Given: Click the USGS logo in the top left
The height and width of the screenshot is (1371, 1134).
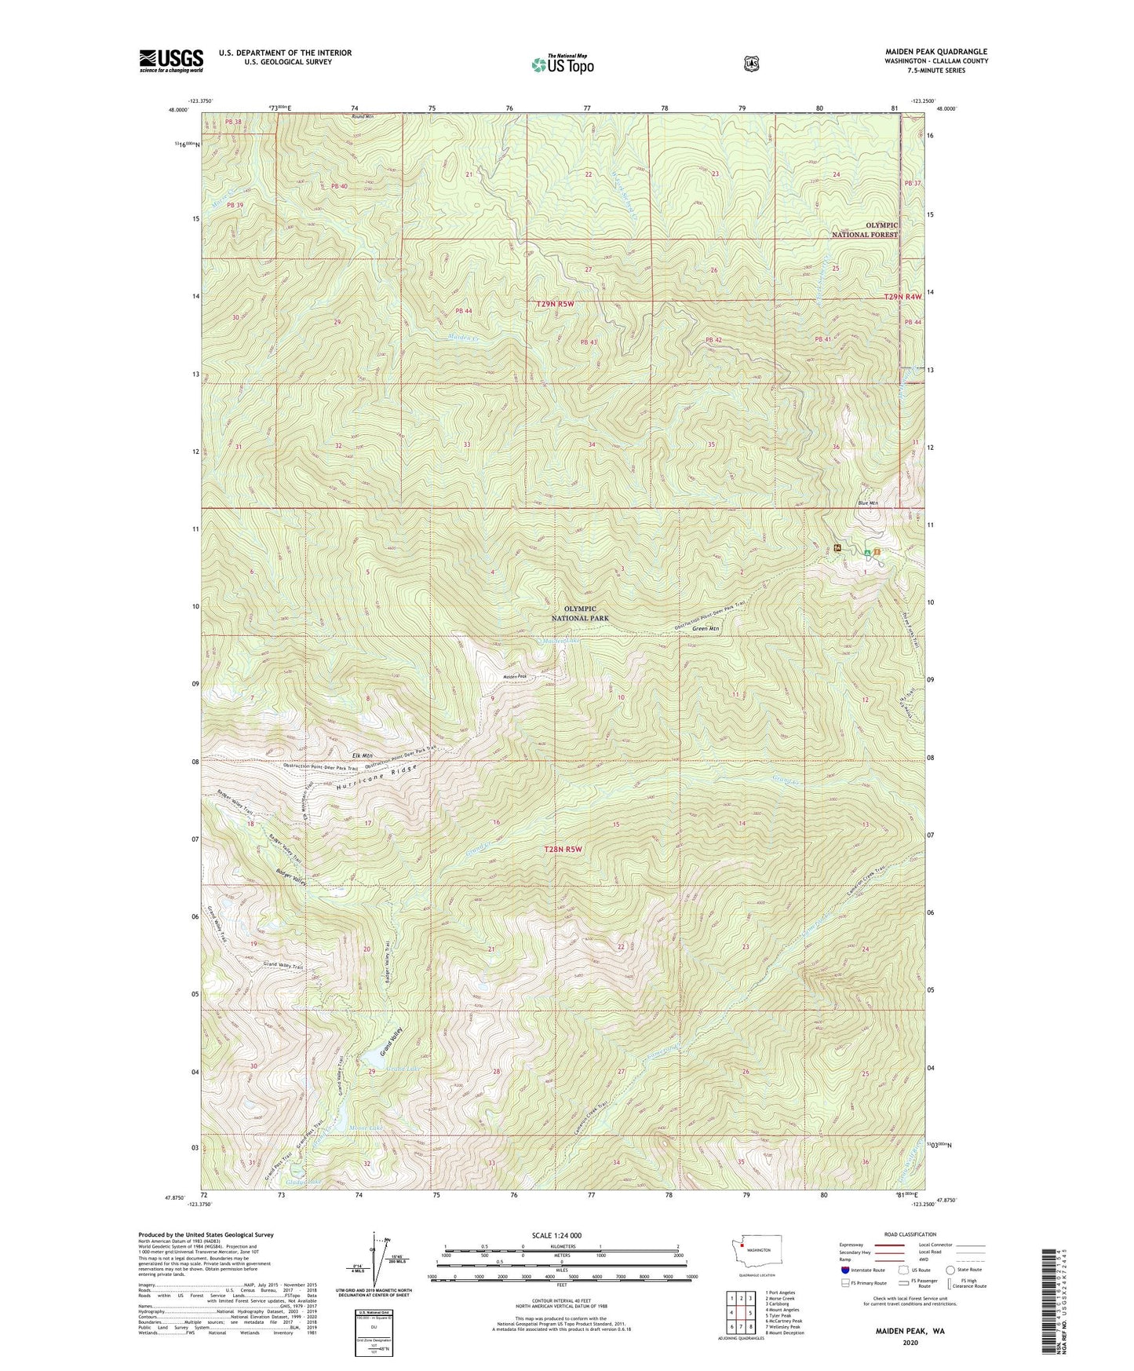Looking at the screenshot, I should (x=171, y=60).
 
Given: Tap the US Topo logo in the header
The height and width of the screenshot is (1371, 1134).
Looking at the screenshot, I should (x=562, y=64).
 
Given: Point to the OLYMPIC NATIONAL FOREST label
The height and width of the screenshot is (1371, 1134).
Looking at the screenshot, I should (x=866, y=229).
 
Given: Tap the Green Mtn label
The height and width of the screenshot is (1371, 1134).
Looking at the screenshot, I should (x=706, y=628).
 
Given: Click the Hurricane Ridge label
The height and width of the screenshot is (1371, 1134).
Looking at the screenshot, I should (x=374, y=781).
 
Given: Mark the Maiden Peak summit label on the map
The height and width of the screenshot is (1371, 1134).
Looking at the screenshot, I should (x=514, y=676).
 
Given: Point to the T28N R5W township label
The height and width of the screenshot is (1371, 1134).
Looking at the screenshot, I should (x=565, y=850).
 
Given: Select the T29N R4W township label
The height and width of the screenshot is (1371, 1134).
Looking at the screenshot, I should (x=902, y=297).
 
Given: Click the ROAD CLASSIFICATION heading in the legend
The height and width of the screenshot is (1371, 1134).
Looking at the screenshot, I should (x=911, y=1235).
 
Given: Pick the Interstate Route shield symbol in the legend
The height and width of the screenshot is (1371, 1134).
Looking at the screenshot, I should (x=844, y=1270).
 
